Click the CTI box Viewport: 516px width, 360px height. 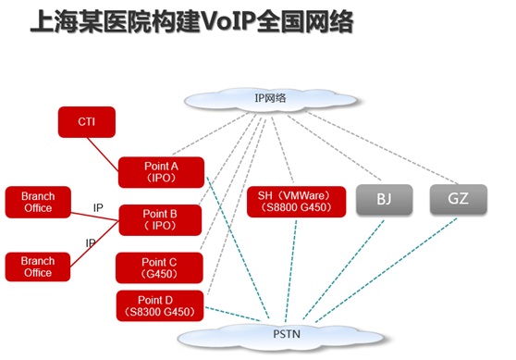pyautogui.click(x=87, y=122)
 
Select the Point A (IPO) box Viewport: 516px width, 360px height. pyautogui.click(x=161, y=172)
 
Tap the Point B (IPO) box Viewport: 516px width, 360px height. pyautogui.click(x=160, y=220)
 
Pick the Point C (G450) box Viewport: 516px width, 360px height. pyautogui.click(x=159, y=267)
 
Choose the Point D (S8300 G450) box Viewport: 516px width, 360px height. pyautogui.click(x=160, y=305)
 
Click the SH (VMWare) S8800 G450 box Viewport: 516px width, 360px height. pyautogui.click(x=296, y=202)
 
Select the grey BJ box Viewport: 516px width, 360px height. pyautogui.click(x=385, y=199)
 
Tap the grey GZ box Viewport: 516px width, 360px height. pyautogui.click(x=459, y=199)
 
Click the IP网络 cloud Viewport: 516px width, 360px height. pyautogui.click(x=271, y=99)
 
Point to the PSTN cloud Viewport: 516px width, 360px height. pyautogui.click(x=281, y=336)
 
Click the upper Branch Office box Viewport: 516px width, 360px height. pyautogui.click(x=38, y=203)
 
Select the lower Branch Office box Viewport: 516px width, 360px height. pyautogui.click(x=38, y=267)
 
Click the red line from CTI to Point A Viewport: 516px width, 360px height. pyautogui.click(x=103, y=155)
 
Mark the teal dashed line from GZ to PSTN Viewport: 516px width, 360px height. pyautogui.click(x=386, y=270)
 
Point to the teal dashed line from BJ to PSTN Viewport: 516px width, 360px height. pyautogui.click(x=344, y=269)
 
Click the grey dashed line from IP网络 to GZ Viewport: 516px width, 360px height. pyautogui.click(x=383, y=148)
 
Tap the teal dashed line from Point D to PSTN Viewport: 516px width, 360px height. pyautogui.click(x=233, y=315)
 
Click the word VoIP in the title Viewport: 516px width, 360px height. pyautogui.click(x=228, y=22)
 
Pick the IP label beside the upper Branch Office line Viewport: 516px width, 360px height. pyautogui.click(x=98, y=208)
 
